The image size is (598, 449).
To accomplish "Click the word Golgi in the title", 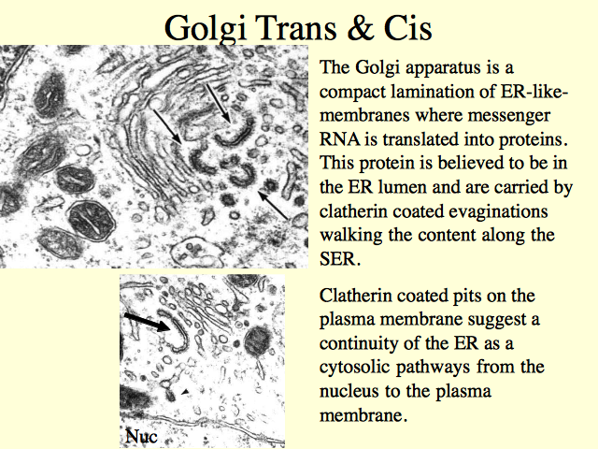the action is [206, 28].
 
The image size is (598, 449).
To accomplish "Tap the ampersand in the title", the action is [362, 28].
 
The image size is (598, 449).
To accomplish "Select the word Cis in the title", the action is [407, 28].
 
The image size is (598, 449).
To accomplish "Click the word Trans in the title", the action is [296, 28].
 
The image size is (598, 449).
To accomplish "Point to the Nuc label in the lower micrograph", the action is [141, 436].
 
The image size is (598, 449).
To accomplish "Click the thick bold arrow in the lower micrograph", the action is [147, 322].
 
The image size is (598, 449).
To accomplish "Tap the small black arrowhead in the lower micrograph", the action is [185, 392].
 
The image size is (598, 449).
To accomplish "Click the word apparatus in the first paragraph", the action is [440, 68].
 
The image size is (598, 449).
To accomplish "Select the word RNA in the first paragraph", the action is [339, 139].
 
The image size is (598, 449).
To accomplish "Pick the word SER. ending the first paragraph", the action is [339, 259].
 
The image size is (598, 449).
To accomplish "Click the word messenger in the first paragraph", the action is [509, 115].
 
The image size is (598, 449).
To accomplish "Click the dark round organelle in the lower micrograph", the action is [258, 340].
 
